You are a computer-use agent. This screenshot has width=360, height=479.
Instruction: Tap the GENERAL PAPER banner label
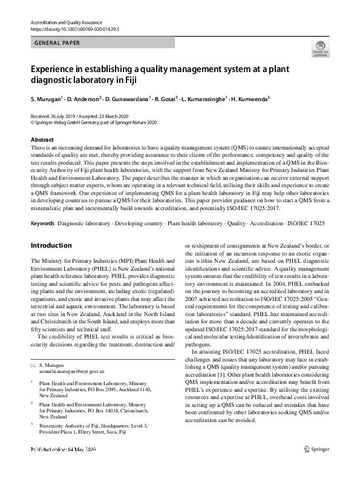(x=57, y=43)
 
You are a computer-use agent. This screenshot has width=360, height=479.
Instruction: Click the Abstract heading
(x=42, y=140)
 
